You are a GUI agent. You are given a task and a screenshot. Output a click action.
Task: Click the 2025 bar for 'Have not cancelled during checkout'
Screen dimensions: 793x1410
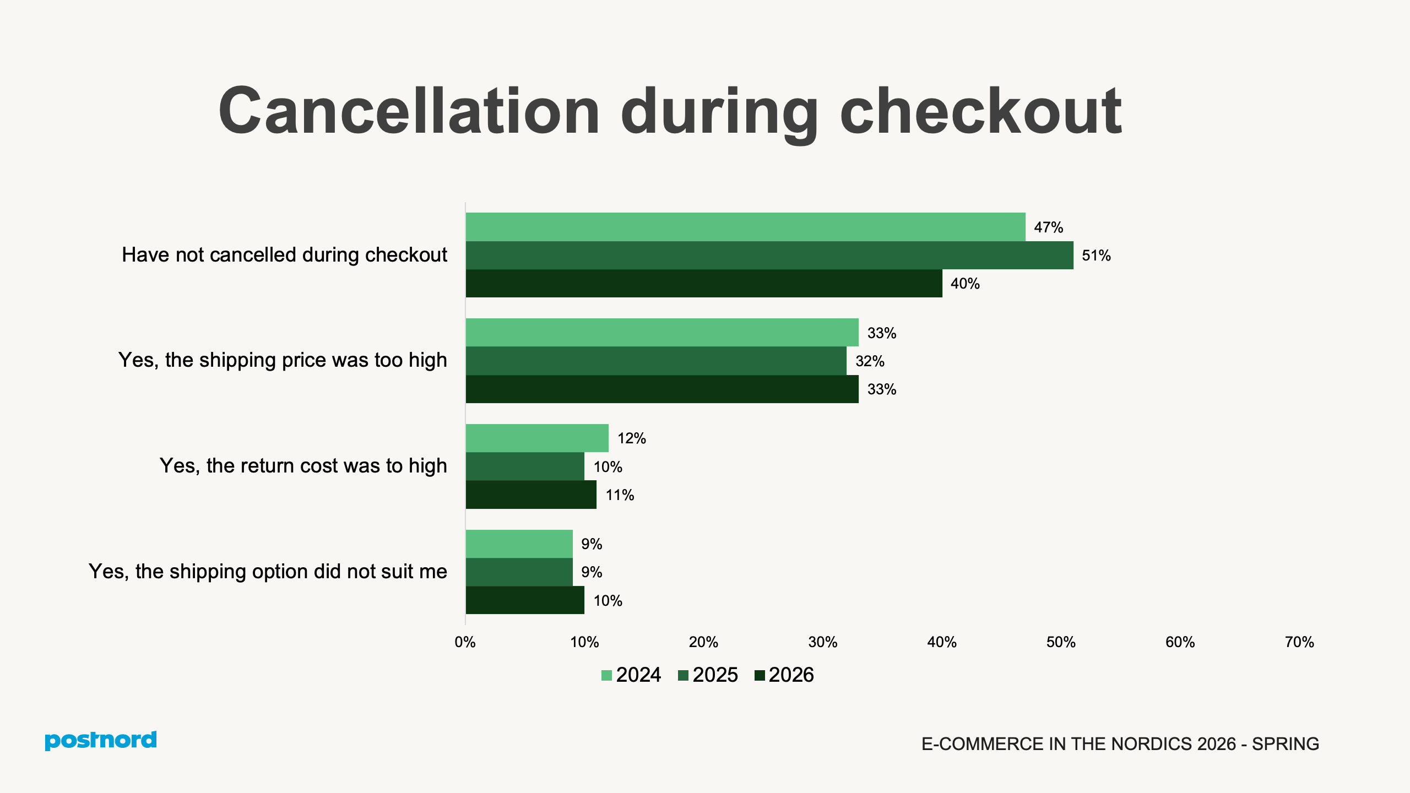[769, 255]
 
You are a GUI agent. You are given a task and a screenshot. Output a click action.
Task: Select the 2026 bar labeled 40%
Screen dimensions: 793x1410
[703, 284]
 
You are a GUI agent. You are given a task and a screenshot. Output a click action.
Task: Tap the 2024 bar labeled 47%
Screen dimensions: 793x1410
[745, 227]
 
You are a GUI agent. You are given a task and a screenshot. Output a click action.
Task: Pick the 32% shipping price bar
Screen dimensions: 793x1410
[655, 361]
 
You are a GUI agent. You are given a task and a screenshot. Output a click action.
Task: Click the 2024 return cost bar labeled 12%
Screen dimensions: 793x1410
[537, 438]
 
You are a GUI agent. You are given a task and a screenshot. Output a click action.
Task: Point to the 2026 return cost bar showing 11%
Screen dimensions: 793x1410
[531, 495]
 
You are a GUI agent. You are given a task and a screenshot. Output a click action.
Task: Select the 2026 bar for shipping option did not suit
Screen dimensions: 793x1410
[525, 600]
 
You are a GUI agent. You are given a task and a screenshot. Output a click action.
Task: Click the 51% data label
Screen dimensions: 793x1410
[1096, 256]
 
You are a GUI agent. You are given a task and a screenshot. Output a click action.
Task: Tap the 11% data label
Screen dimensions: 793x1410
[620, 495]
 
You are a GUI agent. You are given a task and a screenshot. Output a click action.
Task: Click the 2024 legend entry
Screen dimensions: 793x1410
[631, 675]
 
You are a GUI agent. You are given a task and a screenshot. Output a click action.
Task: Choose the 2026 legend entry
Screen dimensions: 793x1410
[784, 675]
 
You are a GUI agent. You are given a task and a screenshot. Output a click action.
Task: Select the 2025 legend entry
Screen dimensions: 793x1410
[708, 675]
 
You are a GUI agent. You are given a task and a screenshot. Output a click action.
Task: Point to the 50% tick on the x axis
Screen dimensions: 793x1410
[1061, 642]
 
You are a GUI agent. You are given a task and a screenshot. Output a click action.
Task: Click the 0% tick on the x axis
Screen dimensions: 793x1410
[465, 642]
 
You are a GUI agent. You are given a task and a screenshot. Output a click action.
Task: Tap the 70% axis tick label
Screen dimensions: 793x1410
[1299, 642]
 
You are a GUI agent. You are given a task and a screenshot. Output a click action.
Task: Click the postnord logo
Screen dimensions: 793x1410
[101, 740]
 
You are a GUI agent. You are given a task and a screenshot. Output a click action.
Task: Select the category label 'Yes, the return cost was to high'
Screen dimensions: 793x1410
[303, 466]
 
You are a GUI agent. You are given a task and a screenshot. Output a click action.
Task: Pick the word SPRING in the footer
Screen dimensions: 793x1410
[1286, 744]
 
